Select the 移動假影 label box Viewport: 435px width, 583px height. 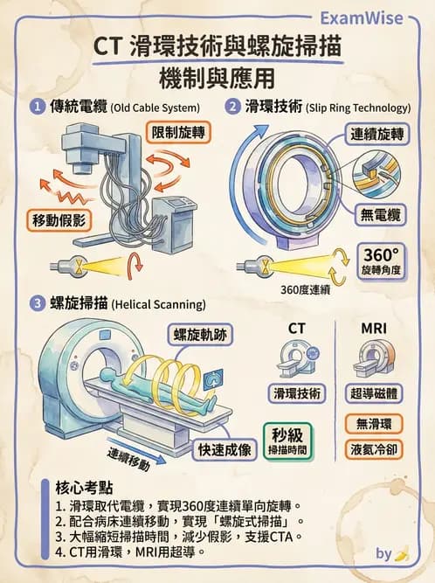point(59,219)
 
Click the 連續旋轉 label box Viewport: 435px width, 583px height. point(376,135)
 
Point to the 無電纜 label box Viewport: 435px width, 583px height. point(382,213)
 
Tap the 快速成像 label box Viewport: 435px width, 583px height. point(224,450)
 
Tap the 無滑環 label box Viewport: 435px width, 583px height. point(374,425)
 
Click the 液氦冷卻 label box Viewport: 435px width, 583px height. point(374,450)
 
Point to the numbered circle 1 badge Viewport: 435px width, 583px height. point(38,108)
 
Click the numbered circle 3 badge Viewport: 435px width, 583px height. point(38,304)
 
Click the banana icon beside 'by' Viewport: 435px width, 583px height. point(403,553)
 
